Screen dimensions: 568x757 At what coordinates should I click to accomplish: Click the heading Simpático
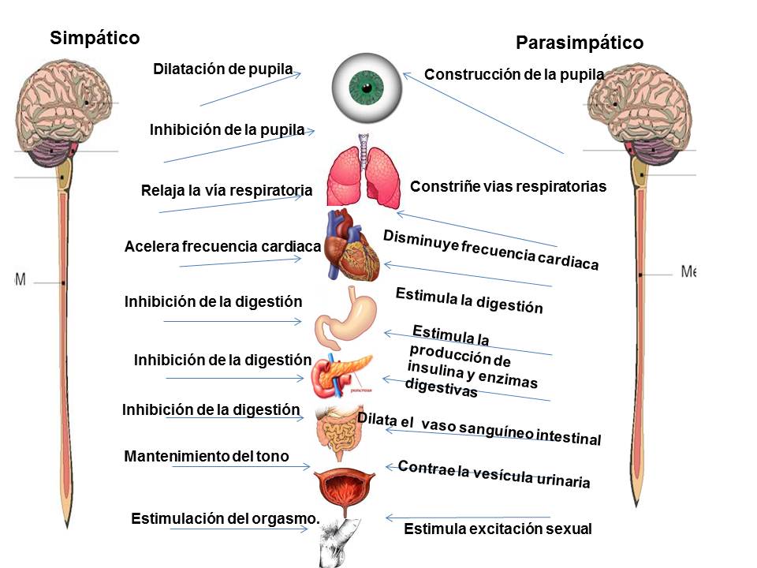pyautogui.click(x=95, y=37)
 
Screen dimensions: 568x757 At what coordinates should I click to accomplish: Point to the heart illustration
pyautogui.click(x=353, y=248)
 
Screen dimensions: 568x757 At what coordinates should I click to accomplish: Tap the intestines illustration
pyautogui.click(x=339, y=432)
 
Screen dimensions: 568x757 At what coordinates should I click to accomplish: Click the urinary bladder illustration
pyautogui.click(x=344, y=488)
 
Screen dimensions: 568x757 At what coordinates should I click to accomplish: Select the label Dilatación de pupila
pyautogui.click(x=222, y=69)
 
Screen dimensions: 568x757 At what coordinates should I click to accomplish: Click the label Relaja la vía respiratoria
pyautogui.click(x=226, y=190)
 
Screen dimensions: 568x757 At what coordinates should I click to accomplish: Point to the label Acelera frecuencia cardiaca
pyautogui.click(x=222, y=247)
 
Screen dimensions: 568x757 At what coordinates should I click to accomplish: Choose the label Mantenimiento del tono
pyautogui.click(x=207, y=456)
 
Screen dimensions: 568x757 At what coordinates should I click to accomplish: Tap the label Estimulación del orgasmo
pyautogui.click(x=225, y=518)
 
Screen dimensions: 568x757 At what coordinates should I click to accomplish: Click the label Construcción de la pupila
pyautogui.click(x=514, y=74)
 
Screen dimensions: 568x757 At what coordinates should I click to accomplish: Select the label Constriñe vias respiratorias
pyautogui.click(x=508, y=187)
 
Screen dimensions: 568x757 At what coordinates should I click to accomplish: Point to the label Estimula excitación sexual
pyautogui.click(x=498, y=529)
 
